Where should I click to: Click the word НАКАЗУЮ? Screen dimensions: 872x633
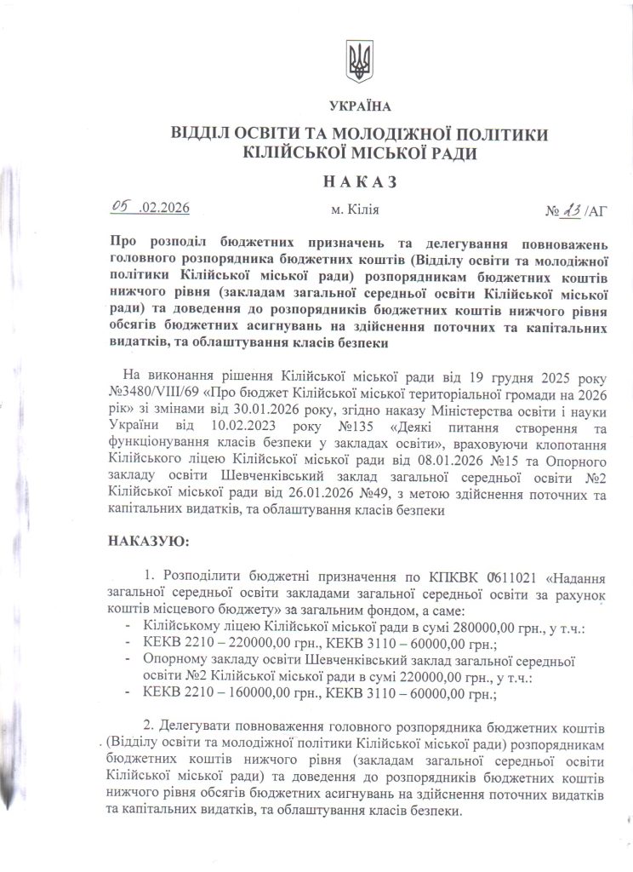point(149,541)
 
